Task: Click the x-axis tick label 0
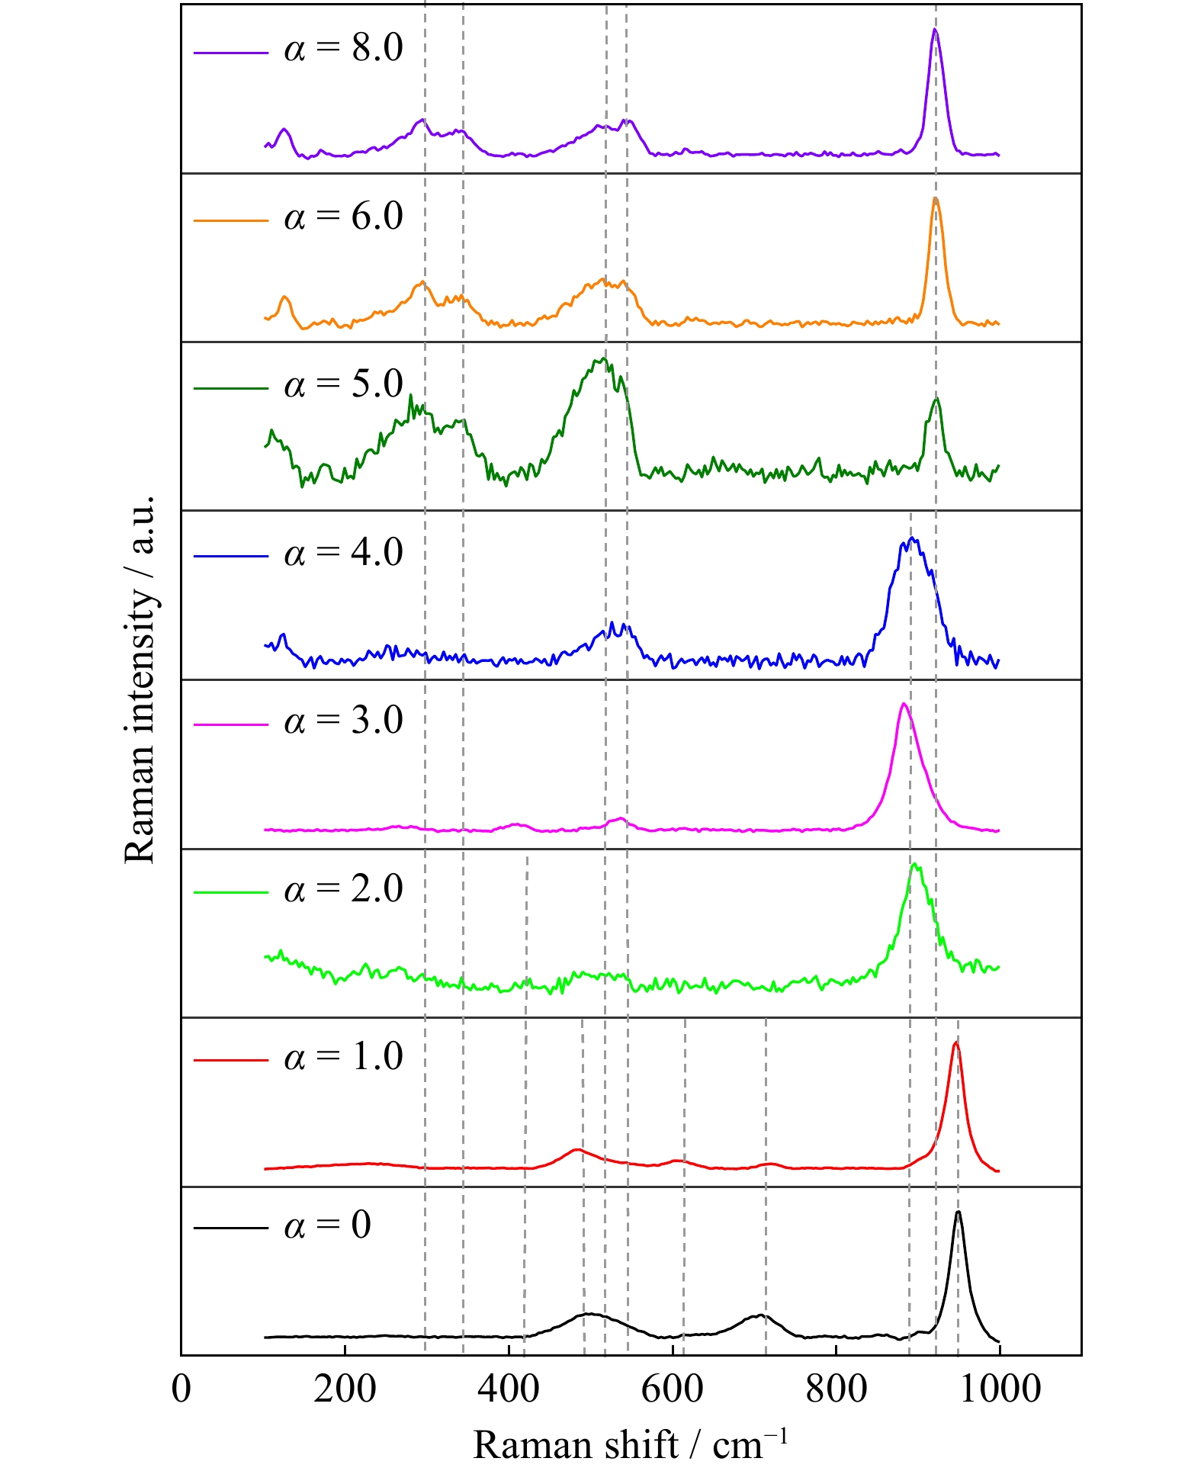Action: pos(181,1389)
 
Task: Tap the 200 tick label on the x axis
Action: pos(345,1389)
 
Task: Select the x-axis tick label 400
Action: pos(509,1389)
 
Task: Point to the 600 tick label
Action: pos(672,1389)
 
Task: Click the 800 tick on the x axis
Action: pos(836,1389)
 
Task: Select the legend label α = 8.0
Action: pos(343,49)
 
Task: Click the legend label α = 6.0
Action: pos(343,217)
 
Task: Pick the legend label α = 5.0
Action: pos(343,385)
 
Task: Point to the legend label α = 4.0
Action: pos(343,554)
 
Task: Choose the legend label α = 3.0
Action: pos(343,721)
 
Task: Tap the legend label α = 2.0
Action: pos(343,890)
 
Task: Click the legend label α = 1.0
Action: pos(343,1058)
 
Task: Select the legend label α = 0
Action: pos(327,1226)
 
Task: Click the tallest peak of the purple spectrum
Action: pos(935,30)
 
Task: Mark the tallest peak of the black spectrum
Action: pos(959,1212)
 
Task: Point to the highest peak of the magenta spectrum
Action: pos(904,704)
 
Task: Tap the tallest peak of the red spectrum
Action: pos(955,1042)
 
